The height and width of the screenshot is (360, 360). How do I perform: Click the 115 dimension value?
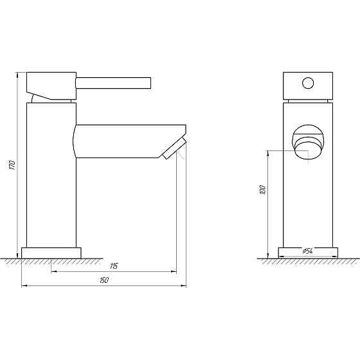point(114,266)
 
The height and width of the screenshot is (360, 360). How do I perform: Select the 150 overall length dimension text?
point(105,280)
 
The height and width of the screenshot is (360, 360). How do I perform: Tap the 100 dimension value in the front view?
point(262,190)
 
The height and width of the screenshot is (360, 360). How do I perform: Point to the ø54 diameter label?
point(308,251)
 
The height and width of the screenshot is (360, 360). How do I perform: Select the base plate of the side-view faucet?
point(52,253)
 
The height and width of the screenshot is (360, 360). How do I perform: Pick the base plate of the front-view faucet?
point(309,253)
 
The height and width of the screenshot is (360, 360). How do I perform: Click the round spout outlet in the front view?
point(309,141)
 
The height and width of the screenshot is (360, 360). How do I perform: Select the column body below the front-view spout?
point(309,206)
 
